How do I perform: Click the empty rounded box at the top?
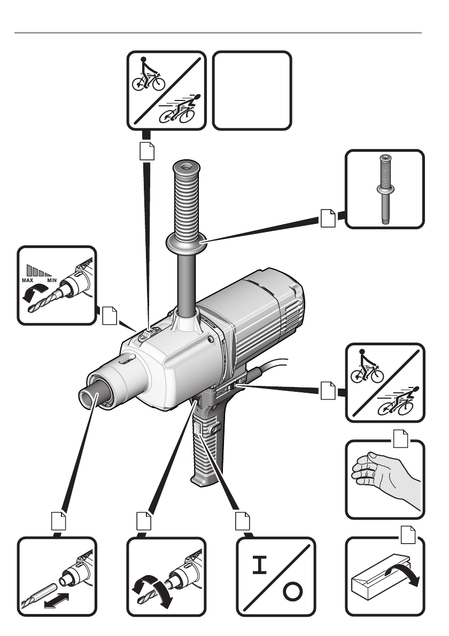252,90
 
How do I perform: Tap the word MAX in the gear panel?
28,280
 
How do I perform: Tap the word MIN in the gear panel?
52,280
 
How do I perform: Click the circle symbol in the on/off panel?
292,592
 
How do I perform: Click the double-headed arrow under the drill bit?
57,600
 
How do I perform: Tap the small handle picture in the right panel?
384,189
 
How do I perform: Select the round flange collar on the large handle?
186,243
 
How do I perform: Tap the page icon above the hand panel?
400,438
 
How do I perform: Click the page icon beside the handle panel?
328,218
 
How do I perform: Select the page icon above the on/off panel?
243,521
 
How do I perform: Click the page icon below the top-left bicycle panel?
147,151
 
